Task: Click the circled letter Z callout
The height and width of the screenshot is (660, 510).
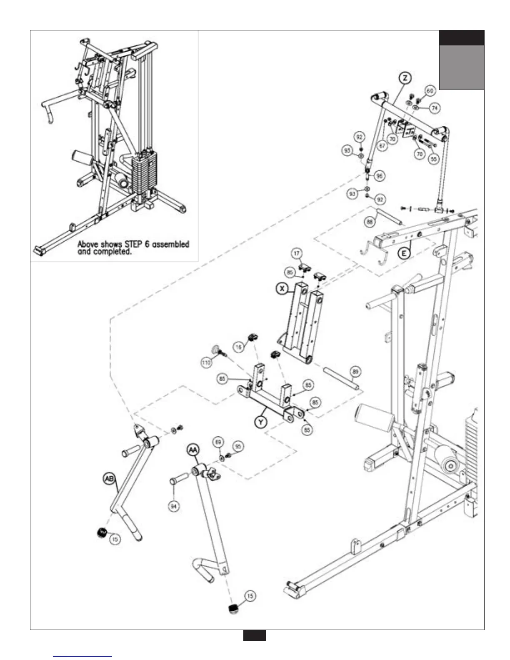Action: (x=405, y=78)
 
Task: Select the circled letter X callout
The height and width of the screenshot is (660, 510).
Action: (x=282, y=288)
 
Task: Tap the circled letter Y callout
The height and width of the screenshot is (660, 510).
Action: (x=261, y=422)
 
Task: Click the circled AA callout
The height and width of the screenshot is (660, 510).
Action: (x=193, y=450)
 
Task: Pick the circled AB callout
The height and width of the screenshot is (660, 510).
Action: (x=109, y=479)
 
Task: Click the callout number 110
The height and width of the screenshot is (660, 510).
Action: (x=206, y=362)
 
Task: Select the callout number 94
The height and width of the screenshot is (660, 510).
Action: (x=174, y=506)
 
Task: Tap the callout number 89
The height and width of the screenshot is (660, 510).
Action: (x=355, y=371)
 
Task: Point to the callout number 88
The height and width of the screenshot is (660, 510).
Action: (x=370, y=222)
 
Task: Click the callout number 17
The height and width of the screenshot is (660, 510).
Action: (x=296, y=253)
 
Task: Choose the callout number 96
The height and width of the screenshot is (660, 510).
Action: (x=379, y=176)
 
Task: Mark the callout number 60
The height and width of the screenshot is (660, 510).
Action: (x=430, y=91)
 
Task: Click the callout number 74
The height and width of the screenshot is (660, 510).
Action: (x=435, y=108)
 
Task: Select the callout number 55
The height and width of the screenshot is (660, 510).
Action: (x=434, y=159)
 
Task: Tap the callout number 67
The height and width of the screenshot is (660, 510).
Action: (x=382, y=145)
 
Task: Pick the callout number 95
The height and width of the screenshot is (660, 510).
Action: (x=237, y=446)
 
